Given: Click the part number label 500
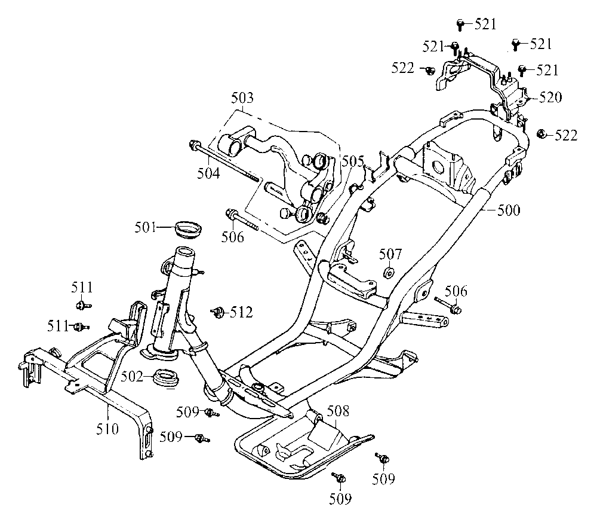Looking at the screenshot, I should point(509,210).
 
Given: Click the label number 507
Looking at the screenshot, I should point(391,254).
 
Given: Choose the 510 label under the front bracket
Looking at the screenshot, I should point(107,428).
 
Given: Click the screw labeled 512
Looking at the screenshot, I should point(218,311).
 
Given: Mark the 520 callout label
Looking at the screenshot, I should point(550,97).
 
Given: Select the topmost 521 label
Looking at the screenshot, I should point(485,24).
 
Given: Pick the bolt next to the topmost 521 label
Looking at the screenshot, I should point(460,24).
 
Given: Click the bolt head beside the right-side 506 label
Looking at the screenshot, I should point(456,309).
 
